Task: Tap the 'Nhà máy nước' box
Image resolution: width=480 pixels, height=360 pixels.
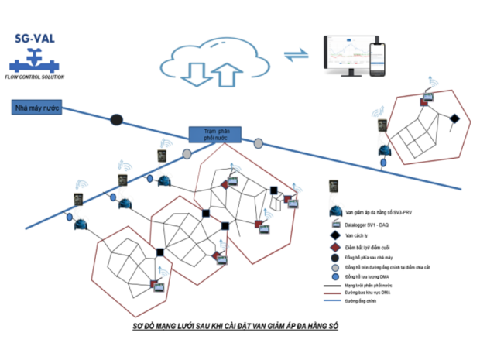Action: [x=34, y=108]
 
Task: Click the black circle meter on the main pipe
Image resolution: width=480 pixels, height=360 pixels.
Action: [x=116, y=120]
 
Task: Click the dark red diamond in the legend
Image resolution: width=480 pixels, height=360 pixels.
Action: [x=336, y=248]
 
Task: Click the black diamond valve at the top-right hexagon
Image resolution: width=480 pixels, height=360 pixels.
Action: [x=455, y=118]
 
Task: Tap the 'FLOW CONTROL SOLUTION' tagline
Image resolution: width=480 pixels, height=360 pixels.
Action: [x=35, y=77]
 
